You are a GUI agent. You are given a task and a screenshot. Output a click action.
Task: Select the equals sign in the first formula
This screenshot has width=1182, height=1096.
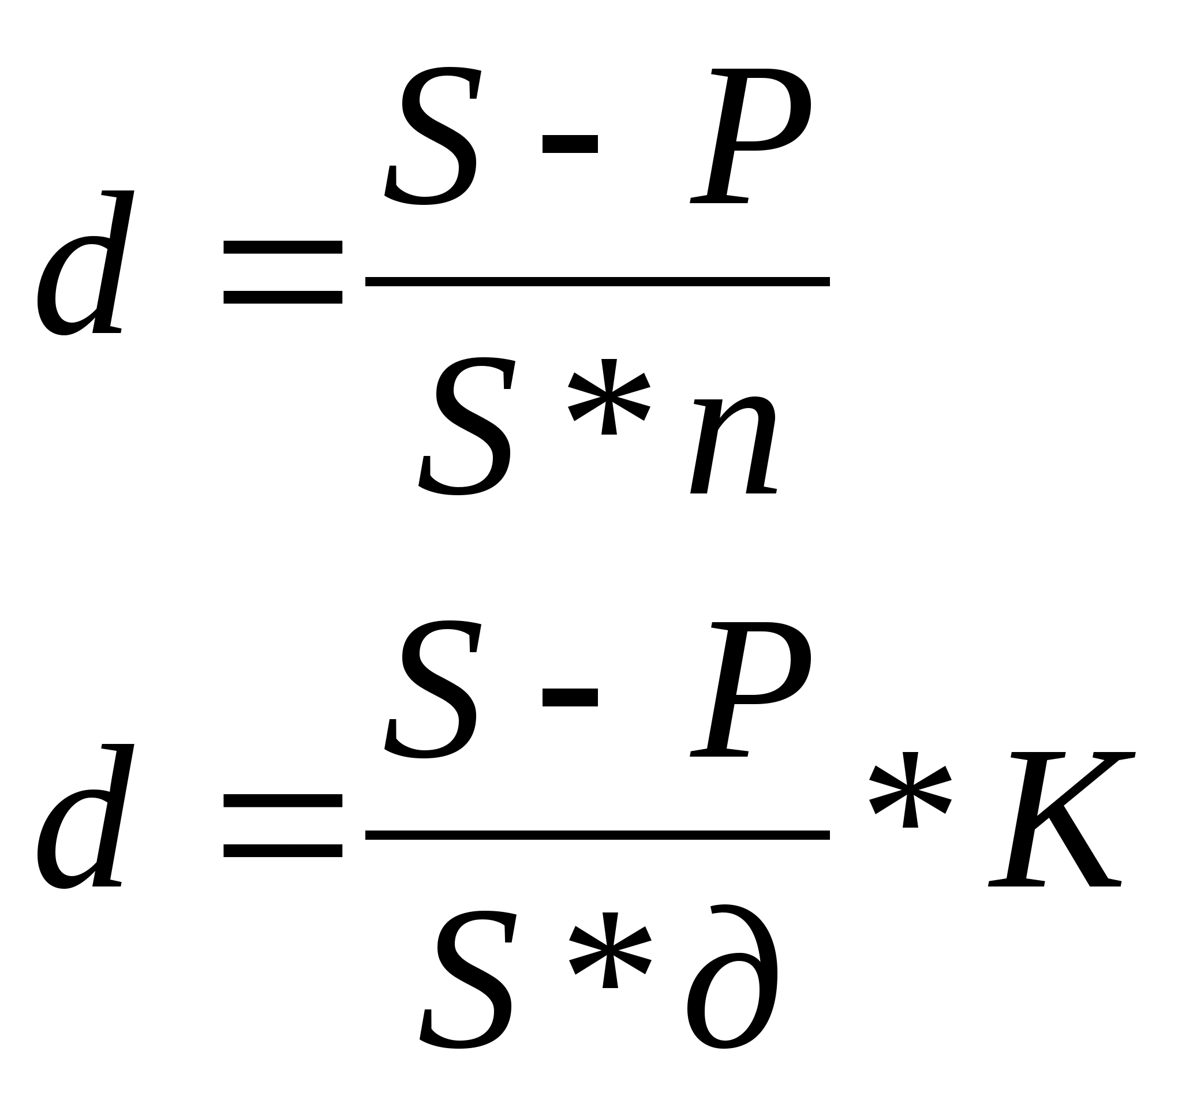coord(282,272)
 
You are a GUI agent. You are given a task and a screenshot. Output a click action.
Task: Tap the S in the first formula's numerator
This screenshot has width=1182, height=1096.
coord(432,136)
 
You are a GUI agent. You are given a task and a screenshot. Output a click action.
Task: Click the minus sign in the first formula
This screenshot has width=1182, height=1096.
coord(570,144)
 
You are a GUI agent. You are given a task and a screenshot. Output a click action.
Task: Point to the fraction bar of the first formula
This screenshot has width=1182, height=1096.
coord(597,282)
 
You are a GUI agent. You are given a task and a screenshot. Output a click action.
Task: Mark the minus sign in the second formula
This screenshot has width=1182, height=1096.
coord(570,697)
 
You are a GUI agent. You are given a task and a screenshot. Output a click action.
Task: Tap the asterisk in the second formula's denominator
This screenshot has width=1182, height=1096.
coord(609,950)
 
